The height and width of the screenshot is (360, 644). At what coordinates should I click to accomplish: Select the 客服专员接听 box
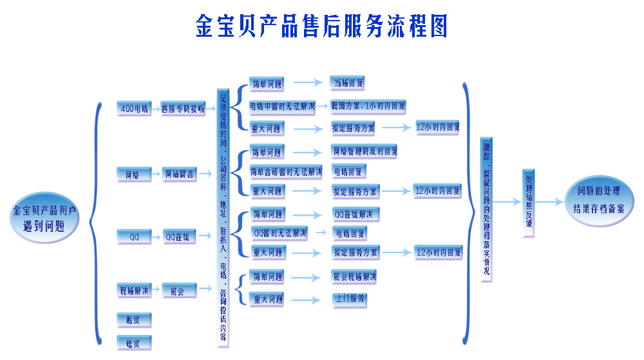tap(182, 109)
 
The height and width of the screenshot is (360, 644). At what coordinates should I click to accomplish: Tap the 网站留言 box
tap(178, 173)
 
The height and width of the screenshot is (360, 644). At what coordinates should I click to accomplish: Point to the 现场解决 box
tap(134, 291)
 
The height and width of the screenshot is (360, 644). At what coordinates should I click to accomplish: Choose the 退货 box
tap(134, 319)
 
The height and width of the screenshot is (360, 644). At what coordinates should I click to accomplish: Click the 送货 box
tap(134, 341)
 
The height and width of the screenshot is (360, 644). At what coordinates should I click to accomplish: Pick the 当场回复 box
tap(348, 82)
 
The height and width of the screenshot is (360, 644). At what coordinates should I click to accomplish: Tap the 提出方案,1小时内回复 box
tap(368, 105)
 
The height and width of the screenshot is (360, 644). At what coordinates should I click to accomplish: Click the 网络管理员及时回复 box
tap(364, 152)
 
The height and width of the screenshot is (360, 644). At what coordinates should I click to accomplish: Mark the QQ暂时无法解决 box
tap(279, 232)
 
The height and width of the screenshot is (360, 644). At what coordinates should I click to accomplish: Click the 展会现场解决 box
tap(354, 277)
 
